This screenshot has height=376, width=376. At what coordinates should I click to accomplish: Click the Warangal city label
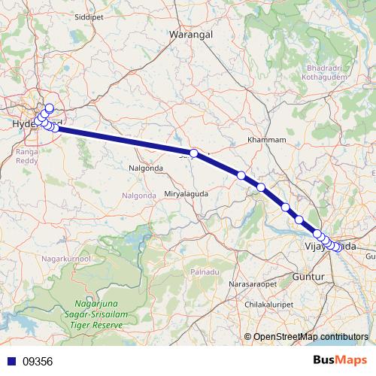tap(190, 35)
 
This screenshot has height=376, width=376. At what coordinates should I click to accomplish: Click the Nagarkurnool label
tap(66, 259)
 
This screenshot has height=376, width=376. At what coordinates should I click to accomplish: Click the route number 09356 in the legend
tap(38, 361)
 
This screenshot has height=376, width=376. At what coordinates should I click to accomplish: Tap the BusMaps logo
tap(340, 360)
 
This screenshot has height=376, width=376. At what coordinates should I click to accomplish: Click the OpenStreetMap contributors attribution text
tap(311, 336)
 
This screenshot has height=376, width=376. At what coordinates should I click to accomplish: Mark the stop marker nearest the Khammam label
tap(241, 175)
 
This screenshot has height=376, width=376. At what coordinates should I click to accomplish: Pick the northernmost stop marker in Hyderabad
tap(50, 108)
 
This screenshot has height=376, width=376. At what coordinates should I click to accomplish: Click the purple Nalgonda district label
tap(138, 196)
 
